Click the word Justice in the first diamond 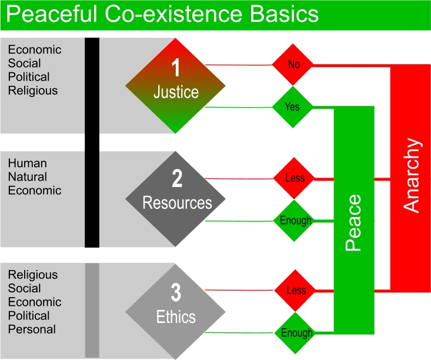click(x=176, y=92)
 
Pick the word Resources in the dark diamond click(x=177, y=203)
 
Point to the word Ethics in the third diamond click(x=176, y=317)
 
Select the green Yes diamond click(x=292, y=108)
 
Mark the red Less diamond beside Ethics click(x=296, y=291)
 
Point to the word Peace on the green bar click(x=353, y=224)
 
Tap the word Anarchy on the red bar click(x=412, y=175)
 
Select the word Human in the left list click(x=27, y=163)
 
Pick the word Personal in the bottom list click(x=32, y=329)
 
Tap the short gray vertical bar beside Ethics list click(x=92, y=310)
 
